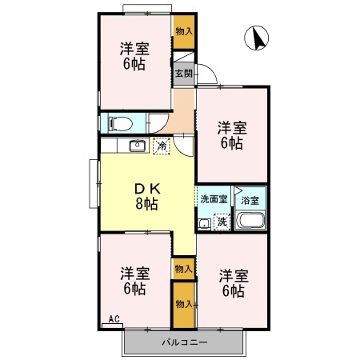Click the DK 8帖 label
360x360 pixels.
click(146, 196)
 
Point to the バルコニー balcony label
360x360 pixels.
click(184, 342)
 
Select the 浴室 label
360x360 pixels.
click(250, 198)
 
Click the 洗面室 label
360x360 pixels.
click(214, 198)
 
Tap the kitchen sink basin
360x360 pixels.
click(136, 146)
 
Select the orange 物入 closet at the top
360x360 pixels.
click(184, 32)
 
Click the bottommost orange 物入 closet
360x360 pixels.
click(183, 304)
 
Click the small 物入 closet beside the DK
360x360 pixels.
click(183, 268)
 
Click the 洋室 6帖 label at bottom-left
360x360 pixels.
click(134, 279)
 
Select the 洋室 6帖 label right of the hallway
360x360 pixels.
click(233, 134)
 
